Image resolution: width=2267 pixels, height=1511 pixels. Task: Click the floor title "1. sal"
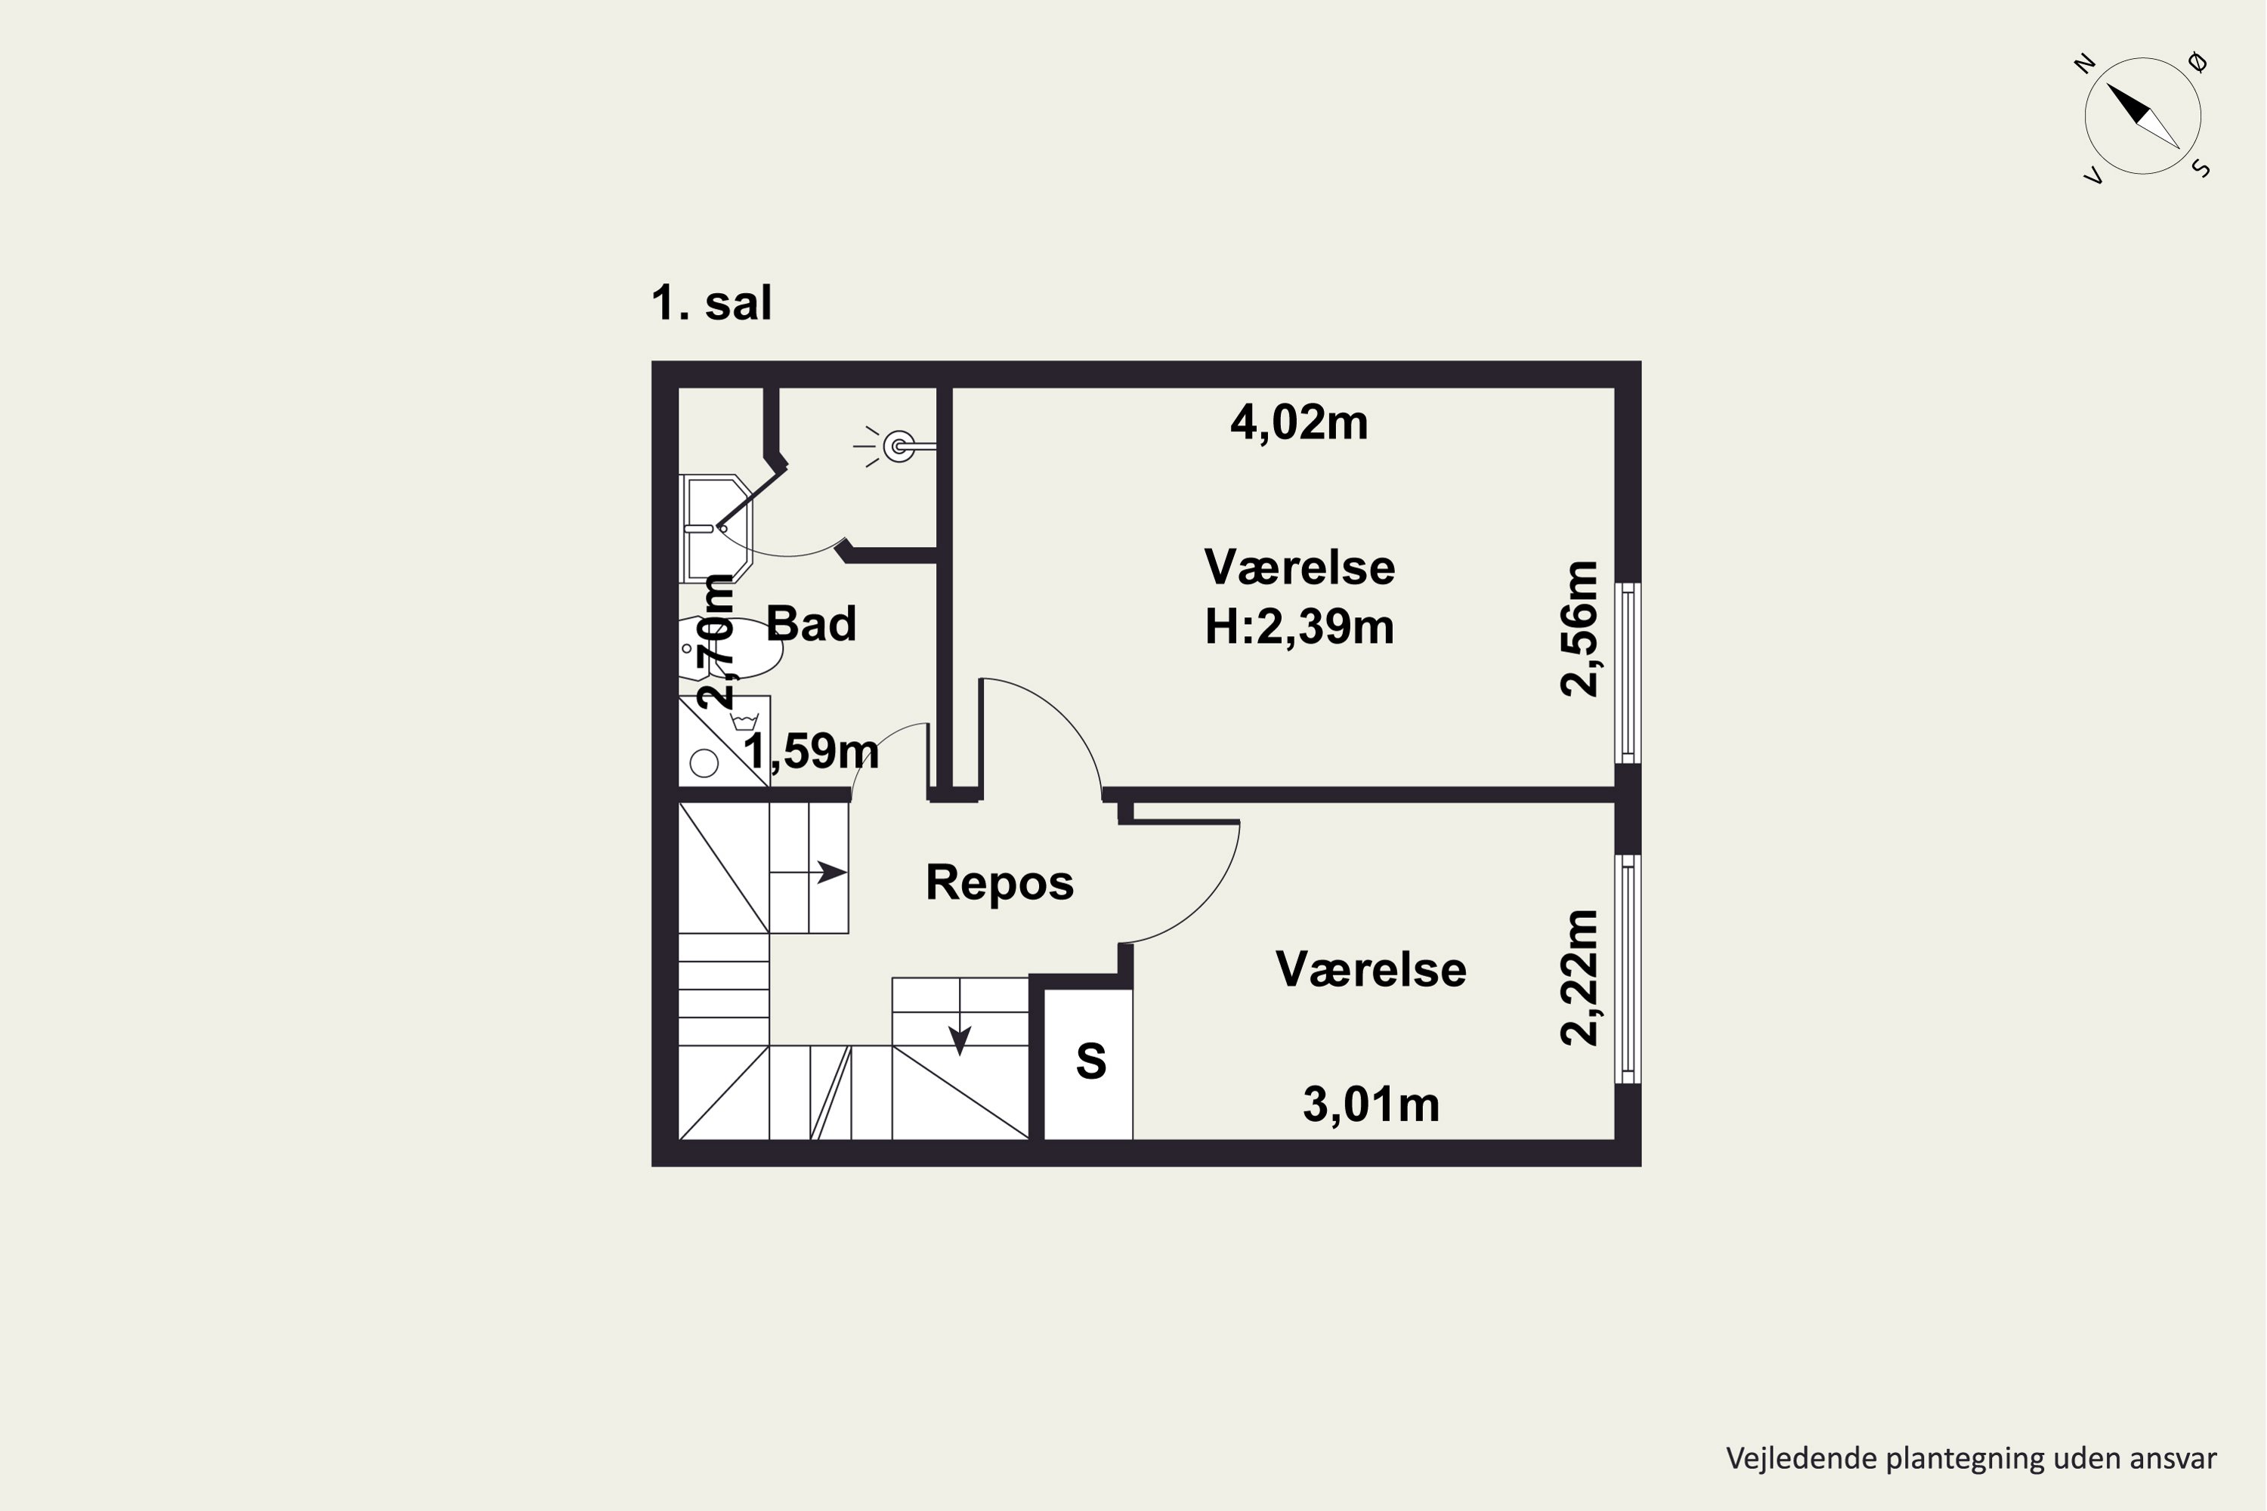[711, 303]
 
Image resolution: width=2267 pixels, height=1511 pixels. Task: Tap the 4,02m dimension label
[1299, 423]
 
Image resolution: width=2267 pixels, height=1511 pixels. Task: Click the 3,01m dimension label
[1371, 1105]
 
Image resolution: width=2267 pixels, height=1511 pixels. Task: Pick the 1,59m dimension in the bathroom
[811, 751]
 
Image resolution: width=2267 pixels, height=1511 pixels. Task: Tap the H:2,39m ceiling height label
[1299, 627]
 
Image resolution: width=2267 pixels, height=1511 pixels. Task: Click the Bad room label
[811, 623]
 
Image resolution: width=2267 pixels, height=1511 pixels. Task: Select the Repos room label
[1000, 882]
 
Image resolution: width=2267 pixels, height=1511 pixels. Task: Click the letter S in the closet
[1090, 1061]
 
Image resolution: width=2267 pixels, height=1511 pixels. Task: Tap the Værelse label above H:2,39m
[1299, 567]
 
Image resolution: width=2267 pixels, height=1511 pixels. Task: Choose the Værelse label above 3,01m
[1371, 969]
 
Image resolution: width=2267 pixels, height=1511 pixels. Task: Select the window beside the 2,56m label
[1628, 672]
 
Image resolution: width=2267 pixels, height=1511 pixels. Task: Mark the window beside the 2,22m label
[1628, 969]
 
